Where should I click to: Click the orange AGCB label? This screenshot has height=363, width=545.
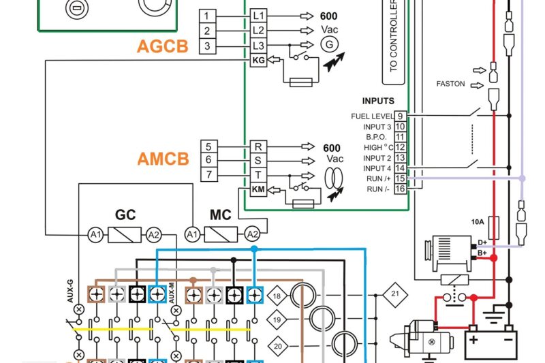pos(162,46)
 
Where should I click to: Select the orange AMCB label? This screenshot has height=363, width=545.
pos(163,159)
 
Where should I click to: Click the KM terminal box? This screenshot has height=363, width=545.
pos(258,190)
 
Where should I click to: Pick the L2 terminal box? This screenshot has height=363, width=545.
pos(258,31)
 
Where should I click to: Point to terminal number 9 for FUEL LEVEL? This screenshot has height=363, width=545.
pos(401,116)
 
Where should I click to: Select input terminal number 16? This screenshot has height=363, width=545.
pos(401,189)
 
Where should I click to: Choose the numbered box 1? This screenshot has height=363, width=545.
pos(208,16)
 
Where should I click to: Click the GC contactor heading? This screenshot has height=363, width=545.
pos(125,215)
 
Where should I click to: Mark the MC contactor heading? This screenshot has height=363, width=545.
pos(220,215)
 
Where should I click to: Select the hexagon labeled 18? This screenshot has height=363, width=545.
pos(277,296)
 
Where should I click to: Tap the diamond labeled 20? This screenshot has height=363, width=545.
pos(277,345)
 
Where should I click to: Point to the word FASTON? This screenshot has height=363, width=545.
pos(450,84)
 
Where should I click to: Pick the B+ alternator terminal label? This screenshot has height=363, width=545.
pos(482,253)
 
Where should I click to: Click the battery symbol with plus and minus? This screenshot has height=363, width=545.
pos(490,341)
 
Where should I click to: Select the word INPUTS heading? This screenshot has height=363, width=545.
pos(378,101)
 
